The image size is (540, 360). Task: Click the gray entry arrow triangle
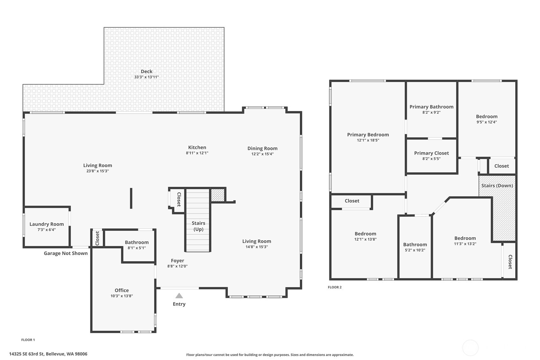[x=179, y=296]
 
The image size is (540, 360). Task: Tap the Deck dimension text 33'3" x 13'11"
[x=147, y=77]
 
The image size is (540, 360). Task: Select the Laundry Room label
[x=46, y=224]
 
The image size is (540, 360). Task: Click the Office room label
[x=122, y=290]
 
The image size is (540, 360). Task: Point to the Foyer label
[x=178, y=261]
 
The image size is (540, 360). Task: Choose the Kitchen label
[x=197, y=147]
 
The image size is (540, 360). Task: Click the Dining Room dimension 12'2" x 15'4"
[x=263, y=154]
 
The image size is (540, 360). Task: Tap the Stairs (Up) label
[x=198, y=226]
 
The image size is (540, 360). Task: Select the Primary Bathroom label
[x=431, y=107]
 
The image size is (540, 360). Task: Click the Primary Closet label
[x=431, y=153]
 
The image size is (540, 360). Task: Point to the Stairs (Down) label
[x=497, y=186]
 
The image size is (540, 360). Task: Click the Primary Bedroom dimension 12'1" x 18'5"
[x=368, y=140]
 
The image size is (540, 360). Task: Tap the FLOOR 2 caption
[x=335, y=287]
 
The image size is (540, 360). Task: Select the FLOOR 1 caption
[x=28, y=340]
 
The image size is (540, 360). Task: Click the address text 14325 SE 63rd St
[x=26, y=354]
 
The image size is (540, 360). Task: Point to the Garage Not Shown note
[x=66, y=253]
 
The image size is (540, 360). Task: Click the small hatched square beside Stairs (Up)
[x=218, y=195]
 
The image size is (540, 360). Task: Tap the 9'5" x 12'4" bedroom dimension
[x=487, y=122]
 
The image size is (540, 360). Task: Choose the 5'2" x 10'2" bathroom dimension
[x=415, y=250]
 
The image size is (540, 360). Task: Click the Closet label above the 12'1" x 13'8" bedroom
[x=352, y=201]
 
